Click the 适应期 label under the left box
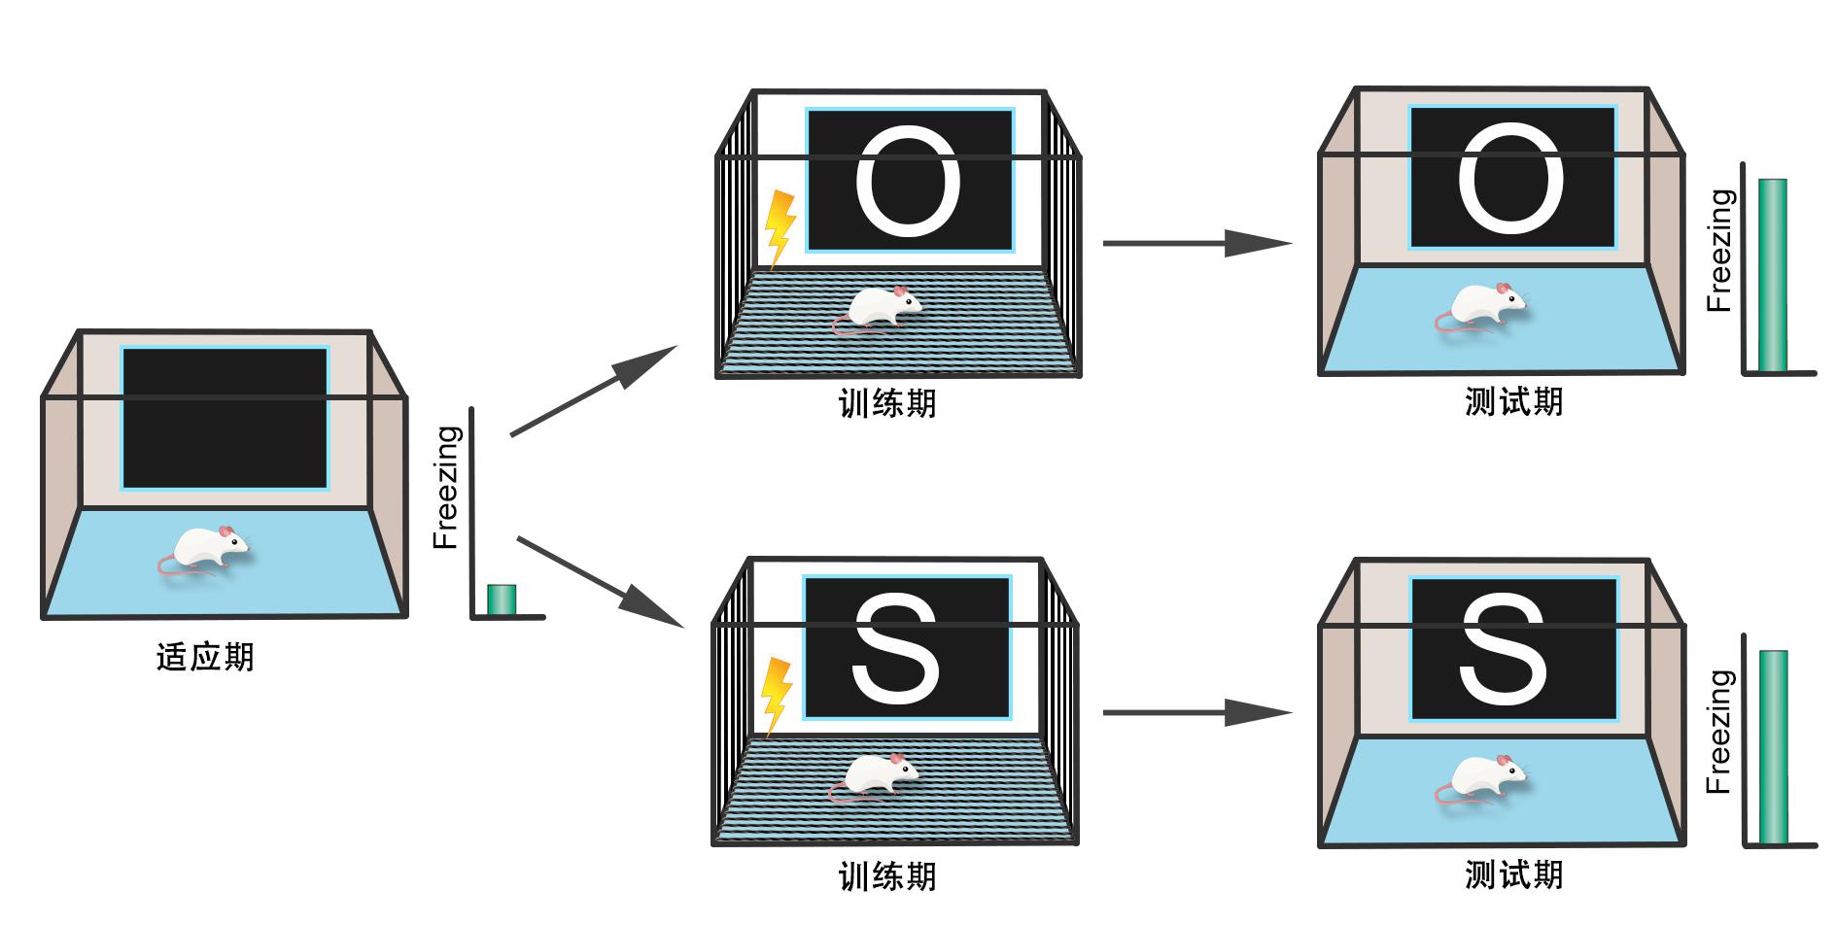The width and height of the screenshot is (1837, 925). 205,658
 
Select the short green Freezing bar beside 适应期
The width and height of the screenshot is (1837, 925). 501,599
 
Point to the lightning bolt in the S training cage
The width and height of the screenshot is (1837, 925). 777,695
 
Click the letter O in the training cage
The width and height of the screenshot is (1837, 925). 908,182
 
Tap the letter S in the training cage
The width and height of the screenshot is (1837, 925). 896,649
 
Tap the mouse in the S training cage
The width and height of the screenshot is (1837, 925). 876,777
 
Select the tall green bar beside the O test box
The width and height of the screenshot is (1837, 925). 1772,275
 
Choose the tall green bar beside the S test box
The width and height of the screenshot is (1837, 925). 1772,747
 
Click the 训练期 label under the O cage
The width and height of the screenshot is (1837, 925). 887,403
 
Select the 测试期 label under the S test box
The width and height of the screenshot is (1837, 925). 1513,875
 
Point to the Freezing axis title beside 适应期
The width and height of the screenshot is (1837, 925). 446,488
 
